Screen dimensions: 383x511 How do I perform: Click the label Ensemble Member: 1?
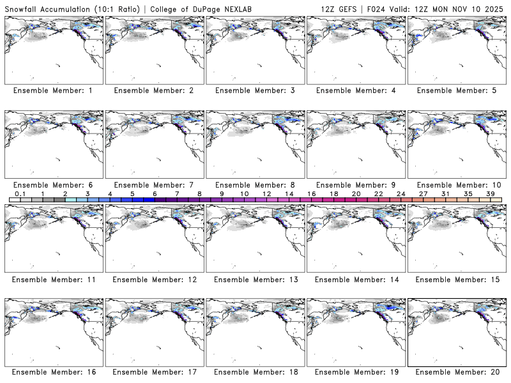click(53, 91)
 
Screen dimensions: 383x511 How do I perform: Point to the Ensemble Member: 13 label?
click(254, 279)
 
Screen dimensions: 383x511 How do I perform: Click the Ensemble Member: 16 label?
click(53, 372)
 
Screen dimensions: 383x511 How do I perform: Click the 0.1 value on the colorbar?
click(20, 193)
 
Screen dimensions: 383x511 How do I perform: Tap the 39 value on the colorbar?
click(490, 193)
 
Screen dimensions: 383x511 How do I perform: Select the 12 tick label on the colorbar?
click(266, 193)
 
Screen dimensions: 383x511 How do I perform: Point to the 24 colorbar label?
click(400, 193)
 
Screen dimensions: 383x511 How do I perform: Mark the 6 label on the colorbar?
click(155, 193)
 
